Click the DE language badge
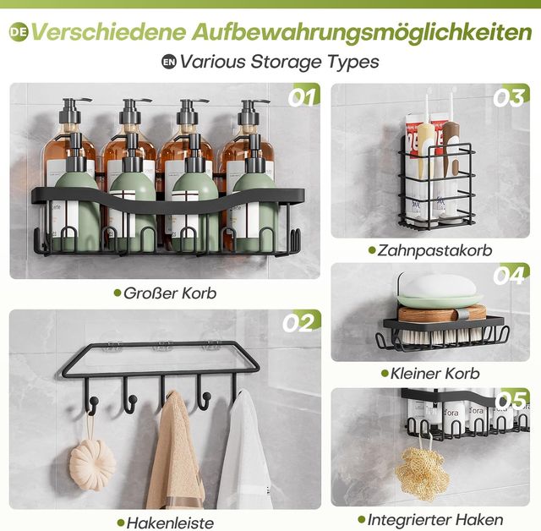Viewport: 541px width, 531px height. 19,32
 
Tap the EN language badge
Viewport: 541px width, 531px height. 169,62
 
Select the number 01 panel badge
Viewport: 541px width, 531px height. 303,97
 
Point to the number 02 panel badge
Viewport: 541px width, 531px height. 299,323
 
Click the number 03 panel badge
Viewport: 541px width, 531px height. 510,97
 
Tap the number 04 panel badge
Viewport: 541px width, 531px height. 510,276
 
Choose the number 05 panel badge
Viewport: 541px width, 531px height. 511,400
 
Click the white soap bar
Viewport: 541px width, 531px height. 440,286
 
